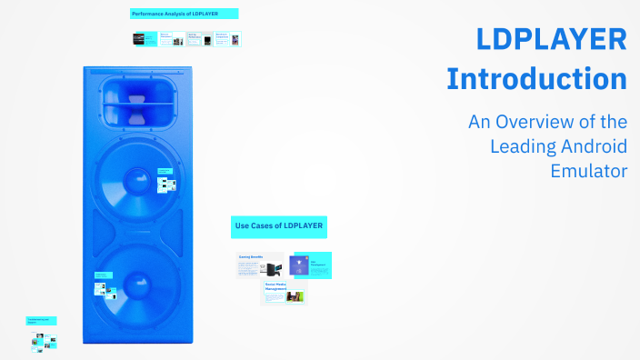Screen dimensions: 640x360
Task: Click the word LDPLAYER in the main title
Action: coord(551,41)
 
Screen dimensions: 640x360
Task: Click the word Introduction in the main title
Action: coord(536,78)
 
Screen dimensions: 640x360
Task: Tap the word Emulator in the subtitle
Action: coord(589,170)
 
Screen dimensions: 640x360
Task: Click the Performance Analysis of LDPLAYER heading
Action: coord(185,14)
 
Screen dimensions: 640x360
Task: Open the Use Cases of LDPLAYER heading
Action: coord(279,225)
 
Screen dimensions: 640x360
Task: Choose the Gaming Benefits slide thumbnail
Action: coord(260,265)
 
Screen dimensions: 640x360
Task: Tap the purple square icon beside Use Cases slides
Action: coord(299,265)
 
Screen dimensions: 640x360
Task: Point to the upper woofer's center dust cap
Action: coord(137,178)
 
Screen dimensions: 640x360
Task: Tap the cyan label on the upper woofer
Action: coord(165,171)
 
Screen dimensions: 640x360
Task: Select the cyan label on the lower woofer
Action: coord(103,275)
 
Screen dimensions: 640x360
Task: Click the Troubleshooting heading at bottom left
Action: coord(42,321)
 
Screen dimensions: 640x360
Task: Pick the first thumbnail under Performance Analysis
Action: coord(145,40)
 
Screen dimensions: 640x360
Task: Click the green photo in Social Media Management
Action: coord(295,296)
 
